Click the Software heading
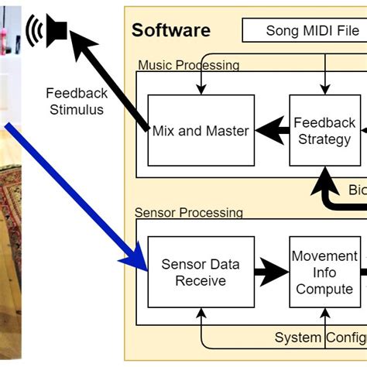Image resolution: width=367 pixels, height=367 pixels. (x=170, y=30)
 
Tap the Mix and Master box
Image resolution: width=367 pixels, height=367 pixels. (x=201, y=131)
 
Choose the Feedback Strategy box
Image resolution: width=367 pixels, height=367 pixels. (x=324, y=130)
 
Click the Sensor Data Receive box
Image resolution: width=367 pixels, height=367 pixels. (x=201, y=273)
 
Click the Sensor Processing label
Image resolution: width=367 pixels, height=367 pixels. (x=188, y=212)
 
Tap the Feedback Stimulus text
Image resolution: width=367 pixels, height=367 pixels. (x=76, y=101)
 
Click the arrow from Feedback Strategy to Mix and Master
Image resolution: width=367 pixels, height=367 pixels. (x=272, y=131)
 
